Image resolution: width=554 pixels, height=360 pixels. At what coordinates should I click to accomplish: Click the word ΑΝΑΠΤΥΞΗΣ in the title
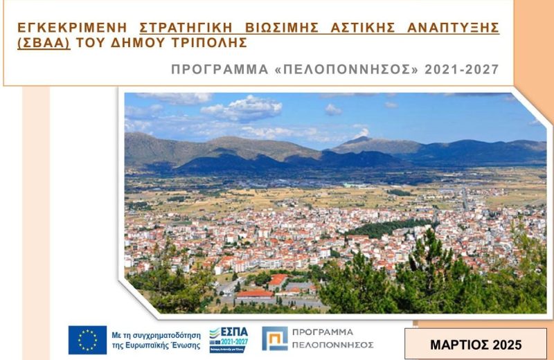pos(454,28)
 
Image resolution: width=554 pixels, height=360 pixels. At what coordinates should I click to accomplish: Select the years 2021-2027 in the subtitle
pos(462,70)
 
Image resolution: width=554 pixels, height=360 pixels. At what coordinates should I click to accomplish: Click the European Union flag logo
pos(87,339)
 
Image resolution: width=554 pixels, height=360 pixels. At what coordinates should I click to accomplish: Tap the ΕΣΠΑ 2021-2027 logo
pos(228,339)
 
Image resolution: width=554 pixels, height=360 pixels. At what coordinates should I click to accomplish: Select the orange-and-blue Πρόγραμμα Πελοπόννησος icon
pos(275,339)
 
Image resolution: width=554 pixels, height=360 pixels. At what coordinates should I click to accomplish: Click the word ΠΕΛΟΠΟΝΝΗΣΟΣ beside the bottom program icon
pos(333,345)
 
